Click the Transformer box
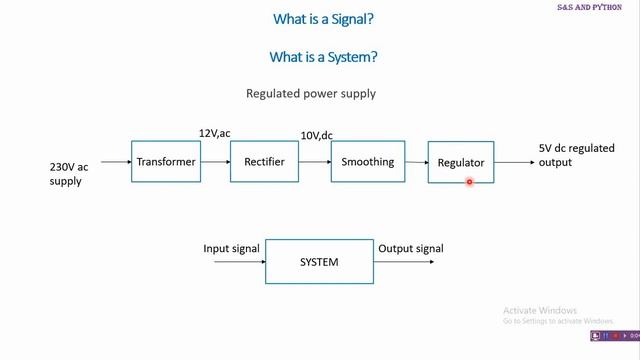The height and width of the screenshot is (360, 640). coord(165,162)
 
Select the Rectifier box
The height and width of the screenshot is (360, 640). coord(264,162)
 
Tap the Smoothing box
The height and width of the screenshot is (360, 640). coord(367,162)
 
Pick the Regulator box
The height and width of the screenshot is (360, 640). coord(460,162)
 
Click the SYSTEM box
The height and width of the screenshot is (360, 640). coord(319,262)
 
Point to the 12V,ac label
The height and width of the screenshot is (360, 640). coord(215,133)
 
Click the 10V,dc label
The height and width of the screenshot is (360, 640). coord(317,135)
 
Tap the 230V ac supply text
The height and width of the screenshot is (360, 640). coord(69,174)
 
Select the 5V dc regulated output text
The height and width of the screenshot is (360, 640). coord(576,155)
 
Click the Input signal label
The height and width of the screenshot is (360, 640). coord(231,249)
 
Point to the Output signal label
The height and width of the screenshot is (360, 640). coord(410,249)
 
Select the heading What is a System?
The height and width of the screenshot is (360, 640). coord(323,57)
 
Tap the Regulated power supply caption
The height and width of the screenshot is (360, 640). coord(311,94)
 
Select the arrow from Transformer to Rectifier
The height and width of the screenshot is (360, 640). coord(214,162)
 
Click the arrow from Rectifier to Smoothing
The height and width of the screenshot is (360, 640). coord(315,162)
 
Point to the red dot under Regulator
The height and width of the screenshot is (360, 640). coord(469,181)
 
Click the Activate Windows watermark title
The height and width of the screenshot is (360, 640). coord(541,309)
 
